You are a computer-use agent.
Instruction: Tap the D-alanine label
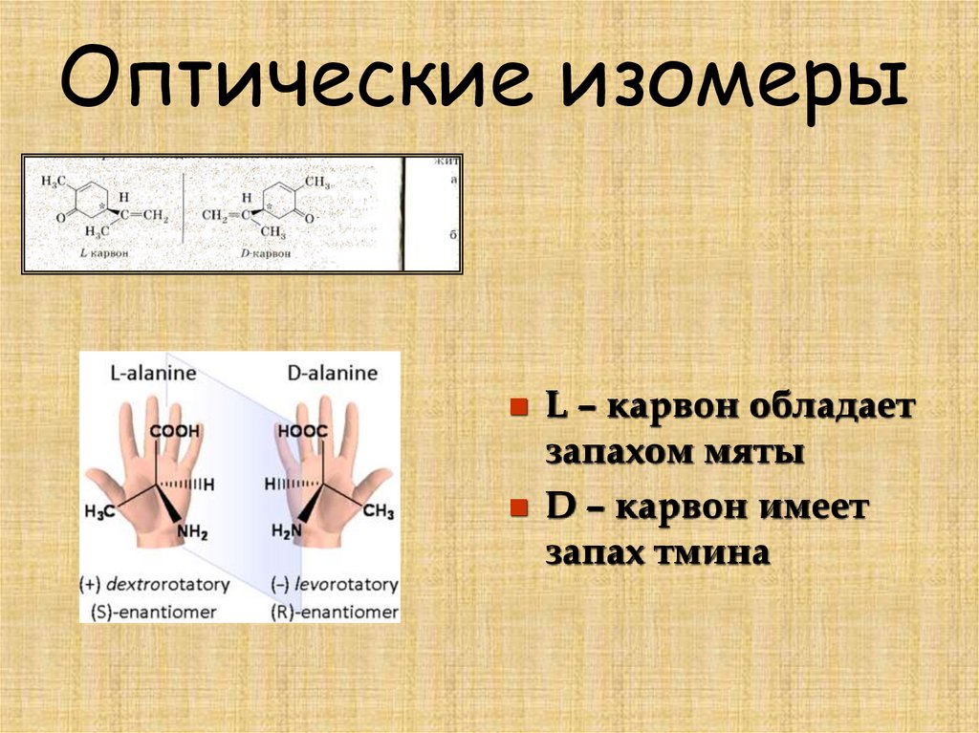[x=332, y=373]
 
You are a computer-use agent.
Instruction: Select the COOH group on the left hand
[x=168, y=431]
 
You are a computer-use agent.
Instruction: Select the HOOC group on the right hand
[x=302, y=431]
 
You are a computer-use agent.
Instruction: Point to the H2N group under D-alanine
[x=287, y=532]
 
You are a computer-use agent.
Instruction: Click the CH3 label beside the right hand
[x=378, y=512]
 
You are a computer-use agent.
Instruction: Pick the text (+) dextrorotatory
[x=156, y=583]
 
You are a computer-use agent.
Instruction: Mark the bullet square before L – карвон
[x=518, y=408]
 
